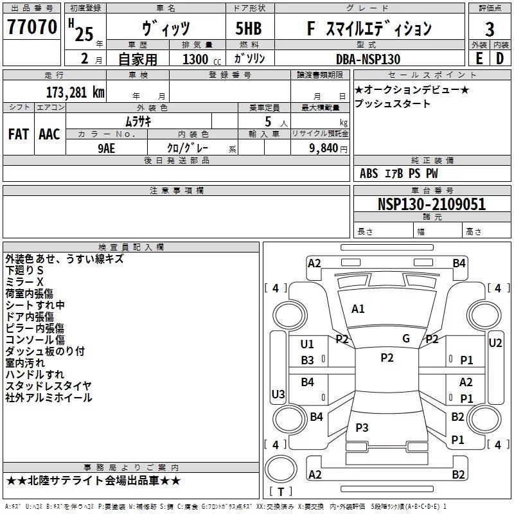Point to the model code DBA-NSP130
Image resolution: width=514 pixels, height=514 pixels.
point(368,59)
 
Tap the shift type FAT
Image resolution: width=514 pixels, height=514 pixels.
point(19,134)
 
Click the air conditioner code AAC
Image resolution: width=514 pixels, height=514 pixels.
point(49,134)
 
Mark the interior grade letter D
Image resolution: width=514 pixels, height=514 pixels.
point(500,58)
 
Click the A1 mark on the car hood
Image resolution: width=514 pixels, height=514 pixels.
point(358,309)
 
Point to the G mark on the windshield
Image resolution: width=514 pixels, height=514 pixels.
point(406,339)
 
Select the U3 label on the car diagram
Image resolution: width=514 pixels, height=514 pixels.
point(278,394)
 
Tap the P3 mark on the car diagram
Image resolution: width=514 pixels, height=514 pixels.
point(362,427)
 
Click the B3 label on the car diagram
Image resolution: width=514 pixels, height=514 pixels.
point(308,360)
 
